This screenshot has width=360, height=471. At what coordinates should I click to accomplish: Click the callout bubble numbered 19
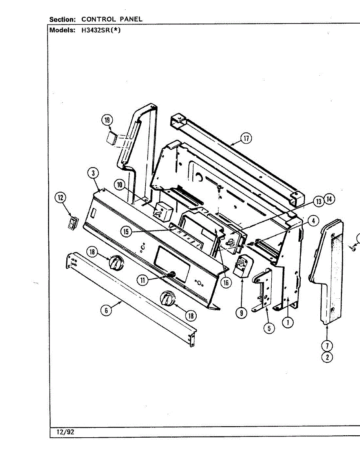pyautogui.click(x=107, y=120)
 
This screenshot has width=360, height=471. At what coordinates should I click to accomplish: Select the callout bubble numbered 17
pyautogui.click(x=246, y=138)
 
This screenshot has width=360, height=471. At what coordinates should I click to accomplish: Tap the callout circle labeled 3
pyautogui.click(x=93, y=173)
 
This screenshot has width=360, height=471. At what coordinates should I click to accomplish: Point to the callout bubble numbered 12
pyautogui.click(x=61, y=198)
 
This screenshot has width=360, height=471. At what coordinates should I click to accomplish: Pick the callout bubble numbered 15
pyautogui.click(x=126, y=232)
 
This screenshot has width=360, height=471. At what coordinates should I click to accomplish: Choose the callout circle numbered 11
pyautogui.click(x=143, y=279)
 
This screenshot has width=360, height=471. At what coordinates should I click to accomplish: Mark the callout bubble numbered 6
pyautogui.click(x=106, y=310)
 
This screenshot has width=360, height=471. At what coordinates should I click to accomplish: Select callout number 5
pyautogui.click(x=269, y=328)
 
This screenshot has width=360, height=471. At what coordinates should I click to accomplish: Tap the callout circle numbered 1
pyautogui.click(x=288, y=323)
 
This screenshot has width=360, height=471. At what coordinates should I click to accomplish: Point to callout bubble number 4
pyautogui.click(x=312, y=221)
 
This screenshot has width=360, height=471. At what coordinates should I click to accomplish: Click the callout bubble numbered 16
pyautogui.click(x=226, y=283)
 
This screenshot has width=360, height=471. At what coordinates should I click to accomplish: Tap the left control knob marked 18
pyautogui.click(x=116, y=262)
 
